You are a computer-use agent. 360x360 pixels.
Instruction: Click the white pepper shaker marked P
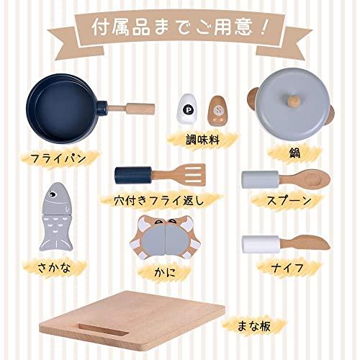click(187, 109)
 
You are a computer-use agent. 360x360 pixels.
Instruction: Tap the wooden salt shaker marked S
click(218, 111)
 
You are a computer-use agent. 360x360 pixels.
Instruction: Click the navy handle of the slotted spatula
click(133, 176)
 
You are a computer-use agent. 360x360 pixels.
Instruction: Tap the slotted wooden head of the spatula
click(192, 175)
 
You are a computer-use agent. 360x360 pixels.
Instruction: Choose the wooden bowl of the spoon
click(315, 178)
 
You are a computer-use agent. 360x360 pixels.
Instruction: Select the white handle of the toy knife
click(261, 244)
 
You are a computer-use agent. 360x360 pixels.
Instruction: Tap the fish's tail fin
click(56, 242)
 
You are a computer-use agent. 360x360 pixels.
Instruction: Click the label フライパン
click(58, 158)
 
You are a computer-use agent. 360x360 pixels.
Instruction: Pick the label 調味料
click(203, 140)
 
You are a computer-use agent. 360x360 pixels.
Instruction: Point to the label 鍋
click(294, 153)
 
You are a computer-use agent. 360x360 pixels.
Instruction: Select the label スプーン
click(289, 201)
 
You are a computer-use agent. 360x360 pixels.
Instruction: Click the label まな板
click(253, 326)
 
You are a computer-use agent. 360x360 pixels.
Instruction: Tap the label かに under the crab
click(165, 273)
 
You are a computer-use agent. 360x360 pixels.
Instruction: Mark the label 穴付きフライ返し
click(159, 200)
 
